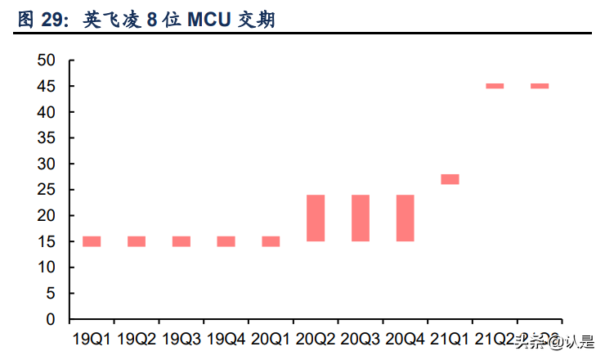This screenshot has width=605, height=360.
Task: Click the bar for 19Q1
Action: click(92, 241)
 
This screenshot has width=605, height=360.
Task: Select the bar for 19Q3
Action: click(181, 241)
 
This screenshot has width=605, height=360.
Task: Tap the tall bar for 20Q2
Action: click(316, 218)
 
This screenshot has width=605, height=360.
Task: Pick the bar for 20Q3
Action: click(361, 218)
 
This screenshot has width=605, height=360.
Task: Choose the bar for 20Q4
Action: click(406, 218)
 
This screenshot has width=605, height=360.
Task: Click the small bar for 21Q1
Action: click(450, 179)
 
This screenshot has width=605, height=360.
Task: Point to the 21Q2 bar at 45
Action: click(495, 86)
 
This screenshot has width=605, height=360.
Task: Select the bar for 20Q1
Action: click(271, 241)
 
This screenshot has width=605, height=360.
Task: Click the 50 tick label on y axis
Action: click(46, 61)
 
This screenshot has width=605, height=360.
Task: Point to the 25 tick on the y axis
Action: click(46, 190)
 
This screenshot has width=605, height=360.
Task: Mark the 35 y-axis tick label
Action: click(46, 138)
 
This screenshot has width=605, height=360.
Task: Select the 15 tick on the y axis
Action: click(46, 241)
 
